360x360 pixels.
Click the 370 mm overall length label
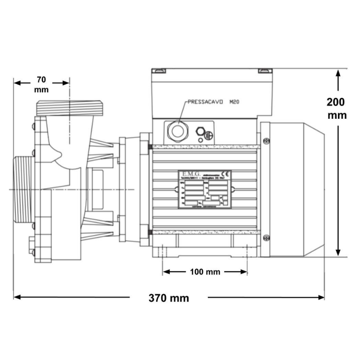pyautogui.click(x=169, y=298)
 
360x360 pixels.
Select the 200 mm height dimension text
pyautogui.click(x=337, y=108)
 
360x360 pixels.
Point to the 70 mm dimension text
pyautogui.click(x=41, y=84)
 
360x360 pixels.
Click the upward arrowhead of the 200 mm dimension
pyautogui.click(x=337, y=73)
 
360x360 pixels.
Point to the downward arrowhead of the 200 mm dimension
pyautogui.click(x=337, y=252)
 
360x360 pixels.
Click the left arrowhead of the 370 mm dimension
pyautogui.click(x=18, y=297)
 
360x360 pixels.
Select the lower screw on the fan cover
pyautogui.click(x=266, y=237)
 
